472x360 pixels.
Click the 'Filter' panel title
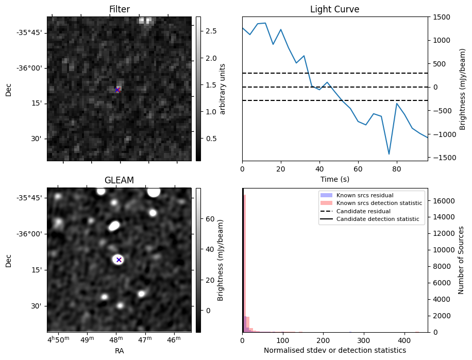pyautogui.click(x=120, y=9)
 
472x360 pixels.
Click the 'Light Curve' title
pyautogui.click(x=334, y=9)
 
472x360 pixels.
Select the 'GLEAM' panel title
pyautogui.click(x=119, y=180)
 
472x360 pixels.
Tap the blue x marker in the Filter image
pyautogui.click(x=117, y=90)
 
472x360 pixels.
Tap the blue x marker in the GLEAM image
pyautogui.click(x=119, y=260)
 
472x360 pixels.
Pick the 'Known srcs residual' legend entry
pyautogui.click(x=365, y=196)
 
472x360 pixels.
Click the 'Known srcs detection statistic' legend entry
pyautogui.click(x=379, y=203)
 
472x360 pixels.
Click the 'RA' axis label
pyautogui.click(x=119, y=351)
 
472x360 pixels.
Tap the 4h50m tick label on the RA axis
pyautogui.click(x=58, y=340)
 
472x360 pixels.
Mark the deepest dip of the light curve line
pyautogui.click(x=389, y=154)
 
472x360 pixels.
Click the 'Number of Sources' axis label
pyautogui.click(x=462, y=260)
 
